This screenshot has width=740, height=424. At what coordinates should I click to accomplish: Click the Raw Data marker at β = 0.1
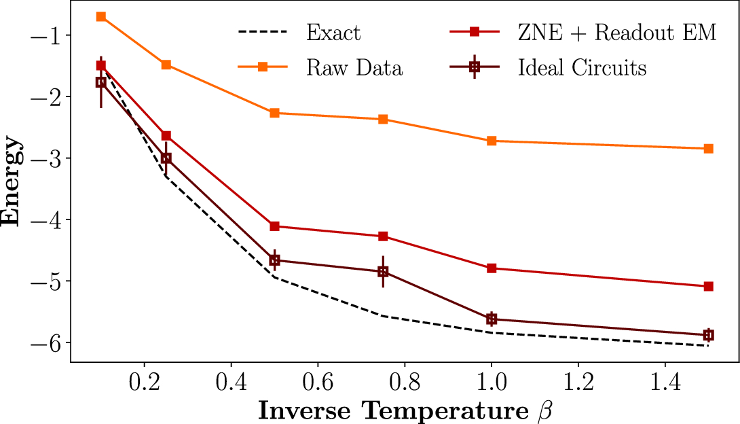(101, 16)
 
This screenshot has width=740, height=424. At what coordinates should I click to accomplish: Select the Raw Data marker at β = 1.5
(708, 148)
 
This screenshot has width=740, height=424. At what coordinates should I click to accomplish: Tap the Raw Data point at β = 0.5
(274, 113)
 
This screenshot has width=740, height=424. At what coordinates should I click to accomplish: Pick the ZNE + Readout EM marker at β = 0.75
(383, 236)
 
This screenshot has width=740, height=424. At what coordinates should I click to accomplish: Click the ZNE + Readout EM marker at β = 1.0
(492, 268)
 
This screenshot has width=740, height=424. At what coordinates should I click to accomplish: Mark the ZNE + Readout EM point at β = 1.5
(708, 287)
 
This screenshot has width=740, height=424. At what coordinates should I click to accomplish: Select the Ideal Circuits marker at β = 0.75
(383, 272)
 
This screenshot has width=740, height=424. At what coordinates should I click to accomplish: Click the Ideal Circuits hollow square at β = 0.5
(274, 260)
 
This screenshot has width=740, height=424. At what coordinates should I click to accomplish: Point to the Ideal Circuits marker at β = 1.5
(708, 335)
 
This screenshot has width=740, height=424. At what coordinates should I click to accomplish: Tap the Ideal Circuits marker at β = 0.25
(166, 158)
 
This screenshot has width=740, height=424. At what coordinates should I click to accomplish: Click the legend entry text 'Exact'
(333, 33)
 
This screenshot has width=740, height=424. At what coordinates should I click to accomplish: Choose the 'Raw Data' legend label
(354, 68)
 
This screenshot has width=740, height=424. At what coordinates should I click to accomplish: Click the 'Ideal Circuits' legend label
(582, 68)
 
